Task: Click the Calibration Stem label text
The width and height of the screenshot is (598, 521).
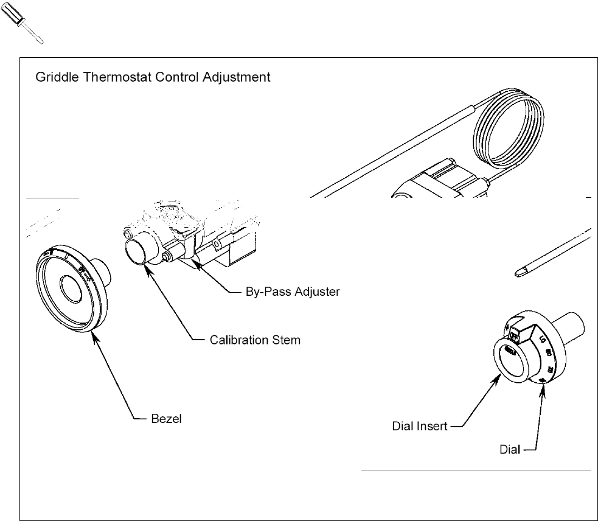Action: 254,340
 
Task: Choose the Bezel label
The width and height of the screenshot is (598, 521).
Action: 166,419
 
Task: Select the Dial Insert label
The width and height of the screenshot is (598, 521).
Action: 420,427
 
